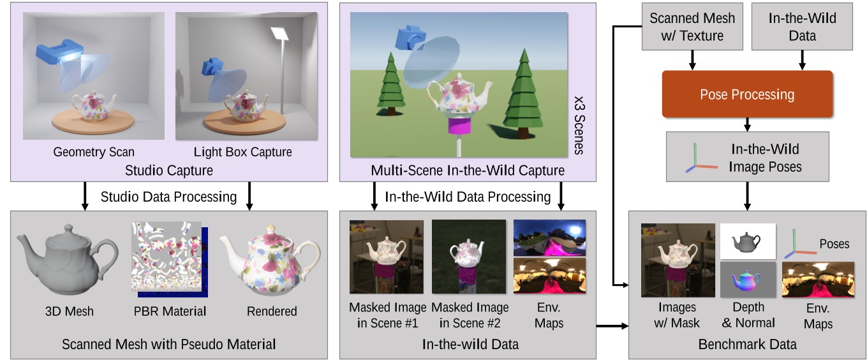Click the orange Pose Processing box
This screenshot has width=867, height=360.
[747, 94]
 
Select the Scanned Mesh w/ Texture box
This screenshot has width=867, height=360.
[692, 27]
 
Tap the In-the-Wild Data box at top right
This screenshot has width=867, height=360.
[802, 27]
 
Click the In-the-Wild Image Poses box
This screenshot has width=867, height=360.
[747, 157]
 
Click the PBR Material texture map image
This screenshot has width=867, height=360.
[168, 262]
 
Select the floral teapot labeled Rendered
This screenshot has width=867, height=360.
[272, 262]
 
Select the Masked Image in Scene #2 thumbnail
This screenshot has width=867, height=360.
[469, 257]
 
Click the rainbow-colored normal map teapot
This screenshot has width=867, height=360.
[748, 280]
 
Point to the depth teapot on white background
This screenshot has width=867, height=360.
[748, 241]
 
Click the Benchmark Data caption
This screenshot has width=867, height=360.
[747, 345]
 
